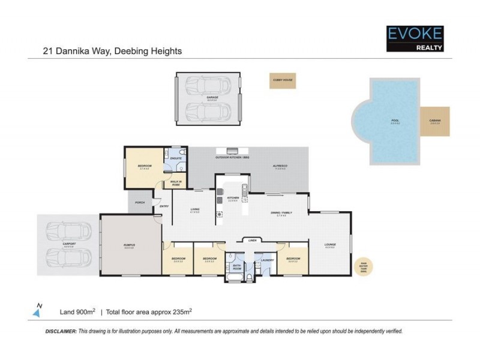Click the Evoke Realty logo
click(415, 38)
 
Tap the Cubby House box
click(282, 81)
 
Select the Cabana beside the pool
click(435, 122)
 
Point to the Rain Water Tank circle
click(363, 263)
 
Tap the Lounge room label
click(330, 245)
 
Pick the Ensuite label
click(176, 158)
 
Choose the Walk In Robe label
click(176, 183)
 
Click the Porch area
click(140, 202)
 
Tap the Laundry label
click(268, 260)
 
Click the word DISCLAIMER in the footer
click(61, 331)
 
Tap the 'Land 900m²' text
click(77, 311)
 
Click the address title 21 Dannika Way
click(112, 51)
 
